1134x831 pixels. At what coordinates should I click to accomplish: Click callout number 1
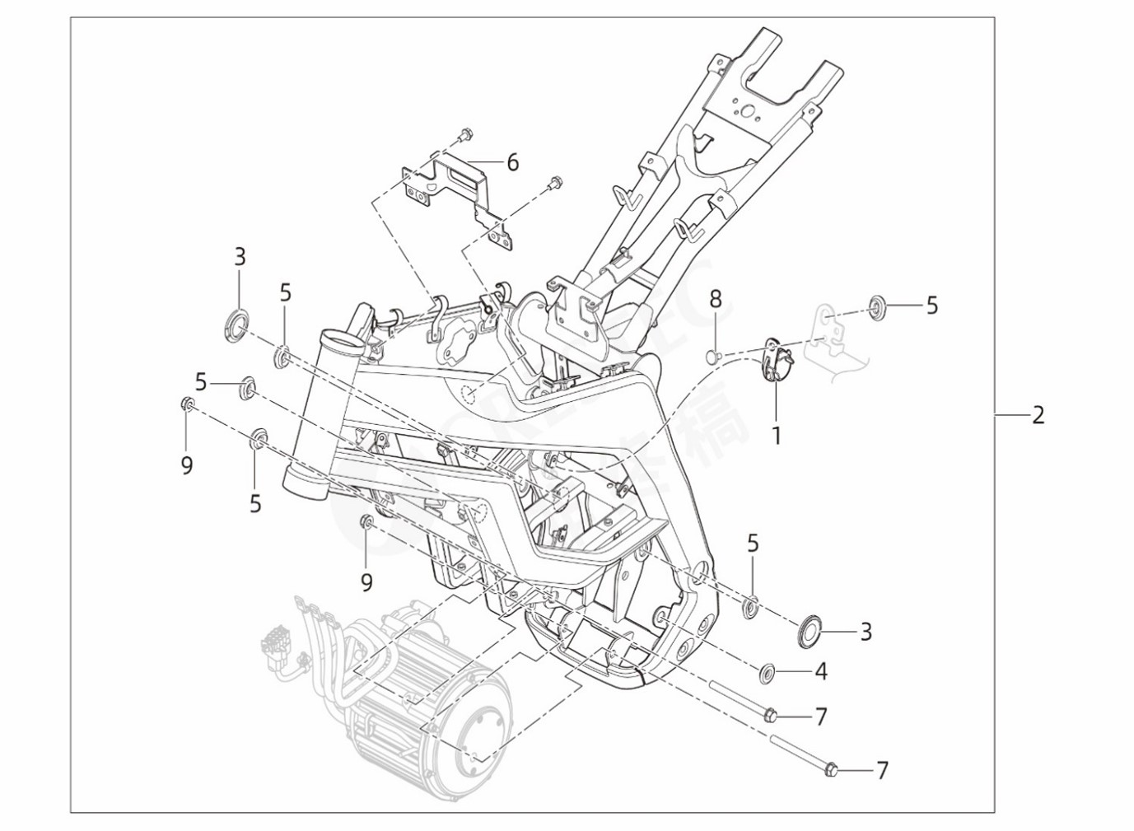click(x=775, y=434)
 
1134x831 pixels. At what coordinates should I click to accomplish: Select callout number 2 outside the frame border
click(x=1038, y=414)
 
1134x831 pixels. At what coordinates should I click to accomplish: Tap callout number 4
click(x=820, y=671)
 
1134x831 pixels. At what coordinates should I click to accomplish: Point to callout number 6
click(x=512, y=162)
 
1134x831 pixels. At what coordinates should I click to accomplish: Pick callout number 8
click(x=716, y=299)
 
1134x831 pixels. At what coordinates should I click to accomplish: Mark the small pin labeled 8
click(x=712, y=356)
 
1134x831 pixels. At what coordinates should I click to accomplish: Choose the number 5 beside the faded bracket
click(x=931, y=306)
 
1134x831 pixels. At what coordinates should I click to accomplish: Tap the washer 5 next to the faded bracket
click(x=875, y=309)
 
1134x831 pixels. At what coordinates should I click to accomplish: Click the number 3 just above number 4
click(x=866, y=632)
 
